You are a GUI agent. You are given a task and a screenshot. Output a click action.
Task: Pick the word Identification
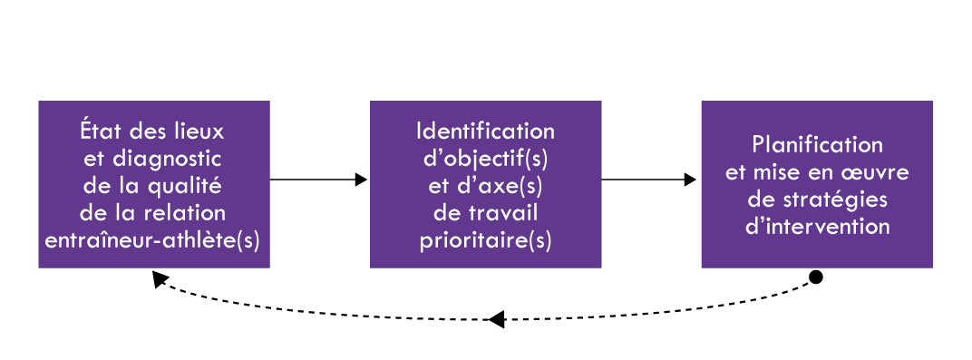485,131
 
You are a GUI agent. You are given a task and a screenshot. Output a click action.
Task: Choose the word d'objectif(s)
485,159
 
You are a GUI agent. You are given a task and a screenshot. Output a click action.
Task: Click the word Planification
817,145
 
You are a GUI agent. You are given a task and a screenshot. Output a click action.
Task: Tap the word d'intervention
817,227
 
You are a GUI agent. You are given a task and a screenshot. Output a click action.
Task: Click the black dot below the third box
815,277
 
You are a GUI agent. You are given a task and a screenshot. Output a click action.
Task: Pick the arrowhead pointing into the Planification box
692,180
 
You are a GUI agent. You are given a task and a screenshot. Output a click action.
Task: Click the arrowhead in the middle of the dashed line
495,319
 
